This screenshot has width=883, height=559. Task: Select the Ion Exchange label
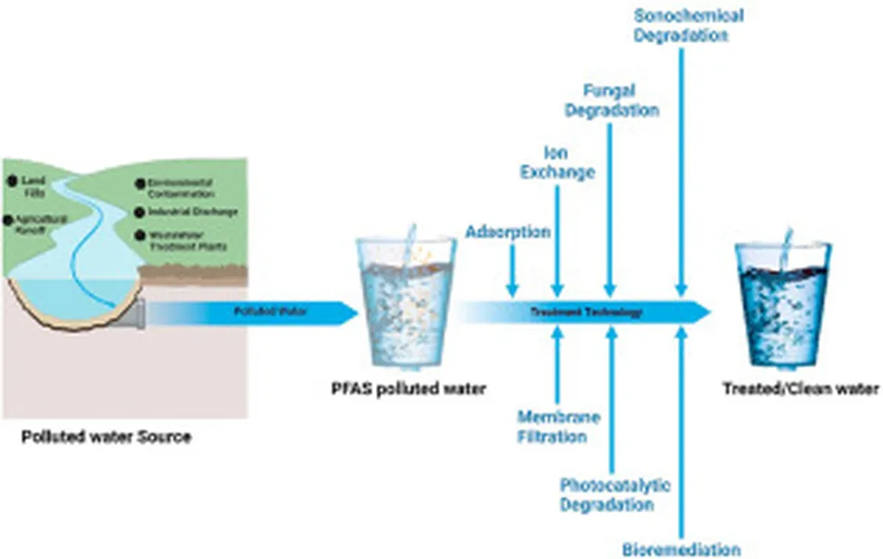tap(557, 163)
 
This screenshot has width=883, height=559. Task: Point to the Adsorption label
tap(508, 232)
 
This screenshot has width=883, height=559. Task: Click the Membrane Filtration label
tap(557, 426)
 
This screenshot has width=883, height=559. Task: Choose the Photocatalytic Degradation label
tap(614, 495)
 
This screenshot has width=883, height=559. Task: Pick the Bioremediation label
tap(681, 549)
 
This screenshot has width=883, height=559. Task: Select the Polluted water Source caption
tap(106, 437)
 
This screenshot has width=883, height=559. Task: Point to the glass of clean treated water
tap(782, 302)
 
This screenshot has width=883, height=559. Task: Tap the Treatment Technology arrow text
tap(586, 312)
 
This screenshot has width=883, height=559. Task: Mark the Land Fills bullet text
tap(34, 185)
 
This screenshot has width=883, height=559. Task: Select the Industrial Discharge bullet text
tap(192, 211)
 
